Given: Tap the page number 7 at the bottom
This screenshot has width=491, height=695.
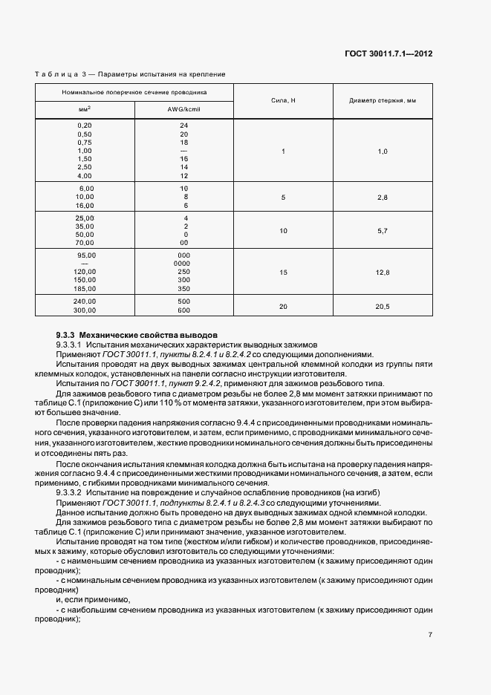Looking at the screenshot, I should (x=430, y=634).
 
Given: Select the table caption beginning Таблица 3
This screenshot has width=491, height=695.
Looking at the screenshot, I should (x=130, y=74).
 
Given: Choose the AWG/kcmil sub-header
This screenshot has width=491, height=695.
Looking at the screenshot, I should (x=184, y=109).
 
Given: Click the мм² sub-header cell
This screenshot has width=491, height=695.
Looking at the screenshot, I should (x=85, y=109).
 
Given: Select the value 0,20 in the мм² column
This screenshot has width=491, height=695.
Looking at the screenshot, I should (x=85, y=125).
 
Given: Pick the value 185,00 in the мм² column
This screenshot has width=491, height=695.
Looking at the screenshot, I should (x=85, y=288).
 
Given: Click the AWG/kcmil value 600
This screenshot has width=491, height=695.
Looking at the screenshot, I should (x=183, y=310).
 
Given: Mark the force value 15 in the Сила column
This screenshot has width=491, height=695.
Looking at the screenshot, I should (x=283, y=273).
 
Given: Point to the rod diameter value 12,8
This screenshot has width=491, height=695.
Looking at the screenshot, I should (x=383, y=273).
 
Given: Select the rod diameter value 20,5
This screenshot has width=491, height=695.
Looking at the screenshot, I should (x=383, y=306).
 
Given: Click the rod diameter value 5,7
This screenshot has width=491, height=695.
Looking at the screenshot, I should (x=383, y=231).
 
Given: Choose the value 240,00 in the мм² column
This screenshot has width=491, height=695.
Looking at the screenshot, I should (x=85, y=301).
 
